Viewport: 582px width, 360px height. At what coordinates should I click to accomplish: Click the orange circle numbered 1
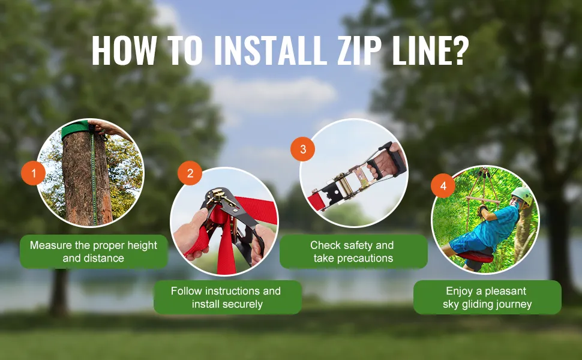(34, 173)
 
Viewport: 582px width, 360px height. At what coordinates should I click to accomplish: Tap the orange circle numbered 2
(190, 173)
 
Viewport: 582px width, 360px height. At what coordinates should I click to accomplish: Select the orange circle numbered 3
(303, 149)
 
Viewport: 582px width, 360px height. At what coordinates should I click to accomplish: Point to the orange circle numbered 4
(443, 185)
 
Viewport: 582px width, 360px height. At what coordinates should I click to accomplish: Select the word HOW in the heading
(124, 51)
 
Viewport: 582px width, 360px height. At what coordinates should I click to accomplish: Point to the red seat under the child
(476, 256)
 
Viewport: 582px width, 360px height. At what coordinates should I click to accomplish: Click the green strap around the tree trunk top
(76, 128)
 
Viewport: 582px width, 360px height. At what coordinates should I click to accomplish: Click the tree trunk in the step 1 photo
(87, 178)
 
